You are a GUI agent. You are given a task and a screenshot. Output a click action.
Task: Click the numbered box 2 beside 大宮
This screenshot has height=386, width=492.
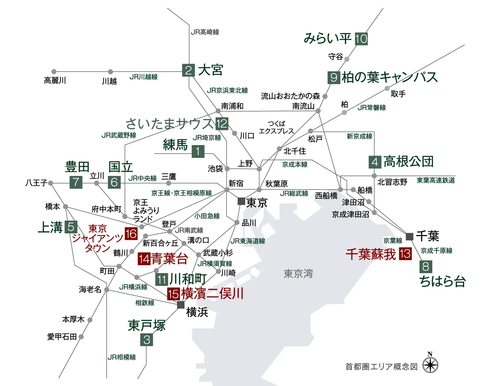click(188, 70)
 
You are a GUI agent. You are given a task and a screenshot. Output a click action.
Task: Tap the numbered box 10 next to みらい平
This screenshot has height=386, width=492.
click(361, 39)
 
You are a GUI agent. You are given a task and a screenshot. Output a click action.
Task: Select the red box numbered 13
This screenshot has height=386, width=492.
click(405, 254)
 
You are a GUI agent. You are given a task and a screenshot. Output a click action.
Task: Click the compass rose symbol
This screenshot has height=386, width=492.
click(430, 365)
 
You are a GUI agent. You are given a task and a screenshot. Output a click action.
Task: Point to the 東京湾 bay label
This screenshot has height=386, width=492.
click(298, 273)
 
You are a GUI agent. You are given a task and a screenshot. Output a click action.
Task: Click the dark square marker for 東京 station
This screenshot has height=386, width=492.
click(241, 201)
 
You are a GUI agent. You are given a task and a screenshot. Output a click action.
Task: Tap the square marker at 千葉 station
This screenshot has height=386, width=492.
click(409, 236)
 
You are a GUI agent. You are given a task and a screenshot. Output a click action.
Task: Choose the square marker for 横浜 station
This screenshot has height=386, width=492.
click(181, 305)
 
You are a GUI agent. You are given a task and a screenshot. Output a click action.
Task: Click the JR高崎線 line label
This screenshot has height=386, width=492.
click(205, 32)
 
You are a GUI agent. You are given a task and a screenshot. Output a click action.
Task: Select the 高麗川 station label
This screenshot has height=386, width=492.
click(55, 80)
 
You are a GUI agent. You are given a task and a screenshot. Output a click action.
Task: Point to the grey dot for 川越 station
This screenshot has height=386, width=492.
click(111, 72)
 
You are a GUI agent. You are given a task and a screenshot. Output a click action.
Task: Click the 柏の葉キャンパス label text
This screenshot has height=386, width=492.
click(389, 77)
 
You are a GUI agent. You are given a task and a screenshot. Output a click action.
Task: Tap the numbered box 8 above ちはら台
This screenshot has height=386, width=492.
click(426, 267)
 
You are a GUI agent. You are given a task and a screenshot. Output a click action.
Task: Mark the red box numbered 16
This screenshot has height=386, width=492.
click(131, 234)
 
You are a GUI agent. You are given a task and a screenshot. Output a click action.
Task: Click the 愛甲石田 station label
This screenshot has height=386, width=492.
click(62, 337)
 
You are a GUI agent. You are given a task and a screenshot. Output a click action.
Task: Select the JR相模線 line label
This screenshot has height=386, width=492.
click(122, 357)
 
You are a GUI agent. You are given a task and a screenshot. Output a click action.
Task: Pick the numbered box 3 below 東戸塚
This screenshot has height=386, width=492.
click(147, 340)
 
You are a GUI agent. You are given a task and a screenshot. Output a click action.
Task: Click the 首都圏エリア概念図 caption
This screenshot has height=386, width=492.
click(381, 367)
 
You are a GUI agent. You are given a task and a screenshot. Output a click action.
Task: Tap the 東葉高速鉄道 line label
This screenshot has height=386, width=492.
click(436, 180)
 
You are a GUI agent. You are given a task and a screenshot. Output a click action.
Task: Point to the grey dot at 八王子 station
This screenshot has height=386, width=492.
click(51, 183)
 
